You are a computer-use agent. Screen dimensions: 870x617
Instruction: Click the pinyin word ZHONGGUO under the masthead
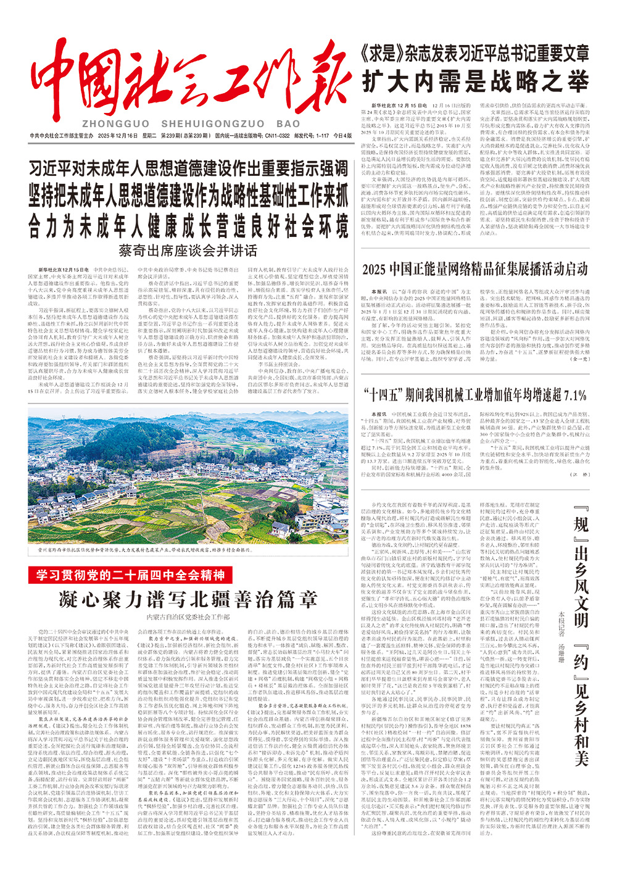114,123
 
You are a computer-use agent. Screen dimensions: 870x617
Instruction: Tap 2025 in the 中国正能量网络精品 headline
375,269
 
